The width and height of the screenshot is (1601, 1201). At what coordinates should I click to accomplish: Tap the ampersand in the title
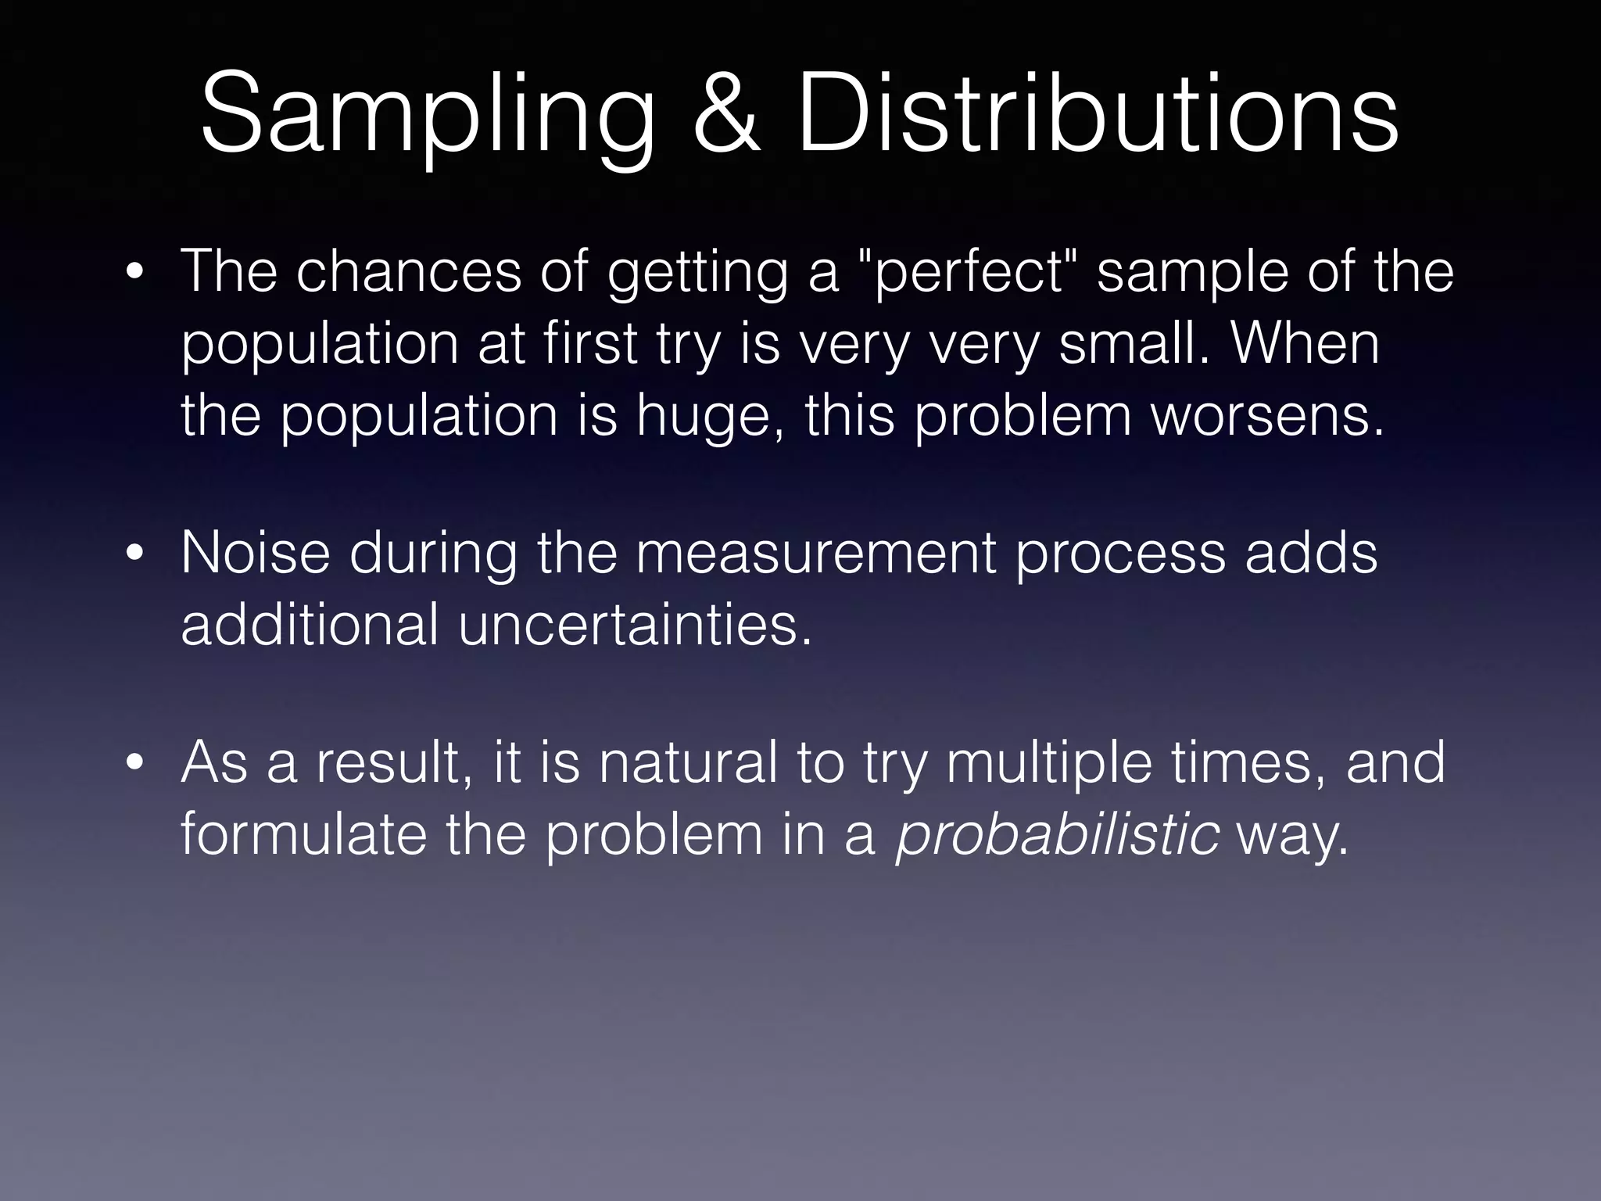pos(725,113)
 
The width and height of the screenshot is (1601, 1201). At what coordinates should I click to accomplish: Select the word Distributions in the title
pos(1097,113)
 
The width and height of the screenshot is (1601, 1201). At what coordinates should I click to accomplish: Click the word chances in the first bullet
pos(408,271)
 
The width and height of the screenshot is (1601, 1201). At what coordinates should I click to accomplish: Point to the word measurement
pos(815,553)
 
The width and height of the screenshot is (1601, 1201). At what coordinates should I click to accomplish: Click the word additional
pos(310,625)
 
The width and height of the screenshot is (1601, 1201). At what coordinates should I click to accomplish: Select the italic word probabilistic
pos(1057,834)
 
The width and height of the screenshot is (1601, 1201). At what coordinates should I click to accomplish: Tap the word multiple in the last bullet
pos(1048,763)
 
